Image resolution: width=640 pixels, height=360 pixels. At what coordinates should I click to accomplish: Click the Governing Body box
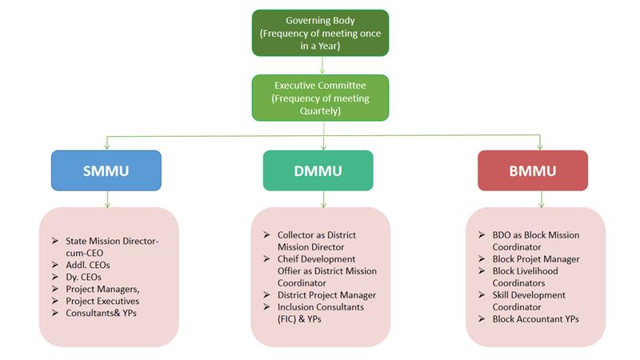tap(321, 32)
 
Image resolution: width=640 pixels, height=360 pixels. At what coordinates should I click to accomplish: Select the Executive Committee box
tap(321, 98)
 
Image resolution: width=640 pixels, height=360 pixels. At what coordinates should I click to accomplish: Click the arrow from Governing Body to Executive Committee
tap(321, 66)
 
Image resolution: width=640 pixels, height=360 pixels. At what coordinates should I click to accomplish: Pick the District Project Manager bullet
tap(326, 295)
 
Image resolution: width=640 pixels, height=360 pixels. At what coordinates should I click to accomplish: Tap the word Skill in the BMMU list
tap(502, 295)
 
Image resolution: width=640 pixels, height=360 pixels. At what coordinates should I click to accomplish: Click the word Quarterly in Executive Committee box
tap(321, 111)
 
